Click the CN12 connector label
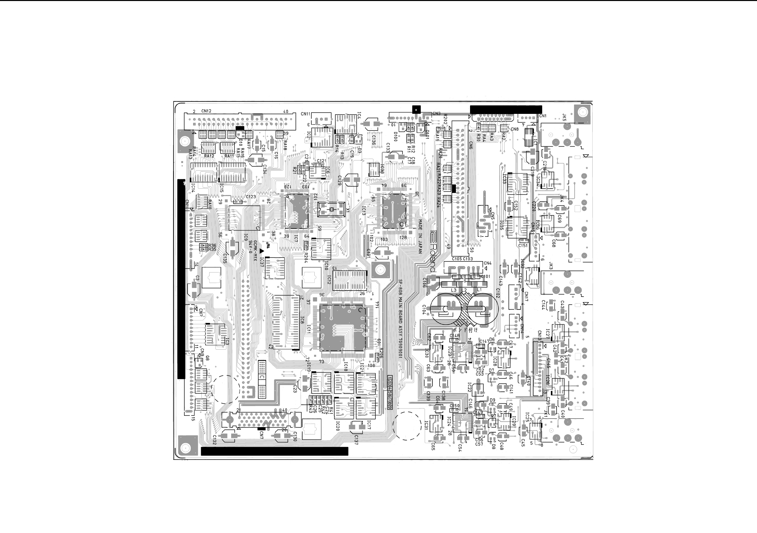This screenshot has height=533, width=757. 206,111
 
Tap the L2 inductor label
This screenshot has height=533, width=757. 464,290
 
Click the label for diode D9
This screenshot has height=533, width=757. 492,400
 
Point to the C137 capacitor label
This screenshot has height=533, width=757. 356,438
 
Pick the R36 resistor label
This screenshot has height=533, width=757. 212,246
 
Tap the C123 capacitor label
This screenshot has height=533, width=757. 251,197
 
